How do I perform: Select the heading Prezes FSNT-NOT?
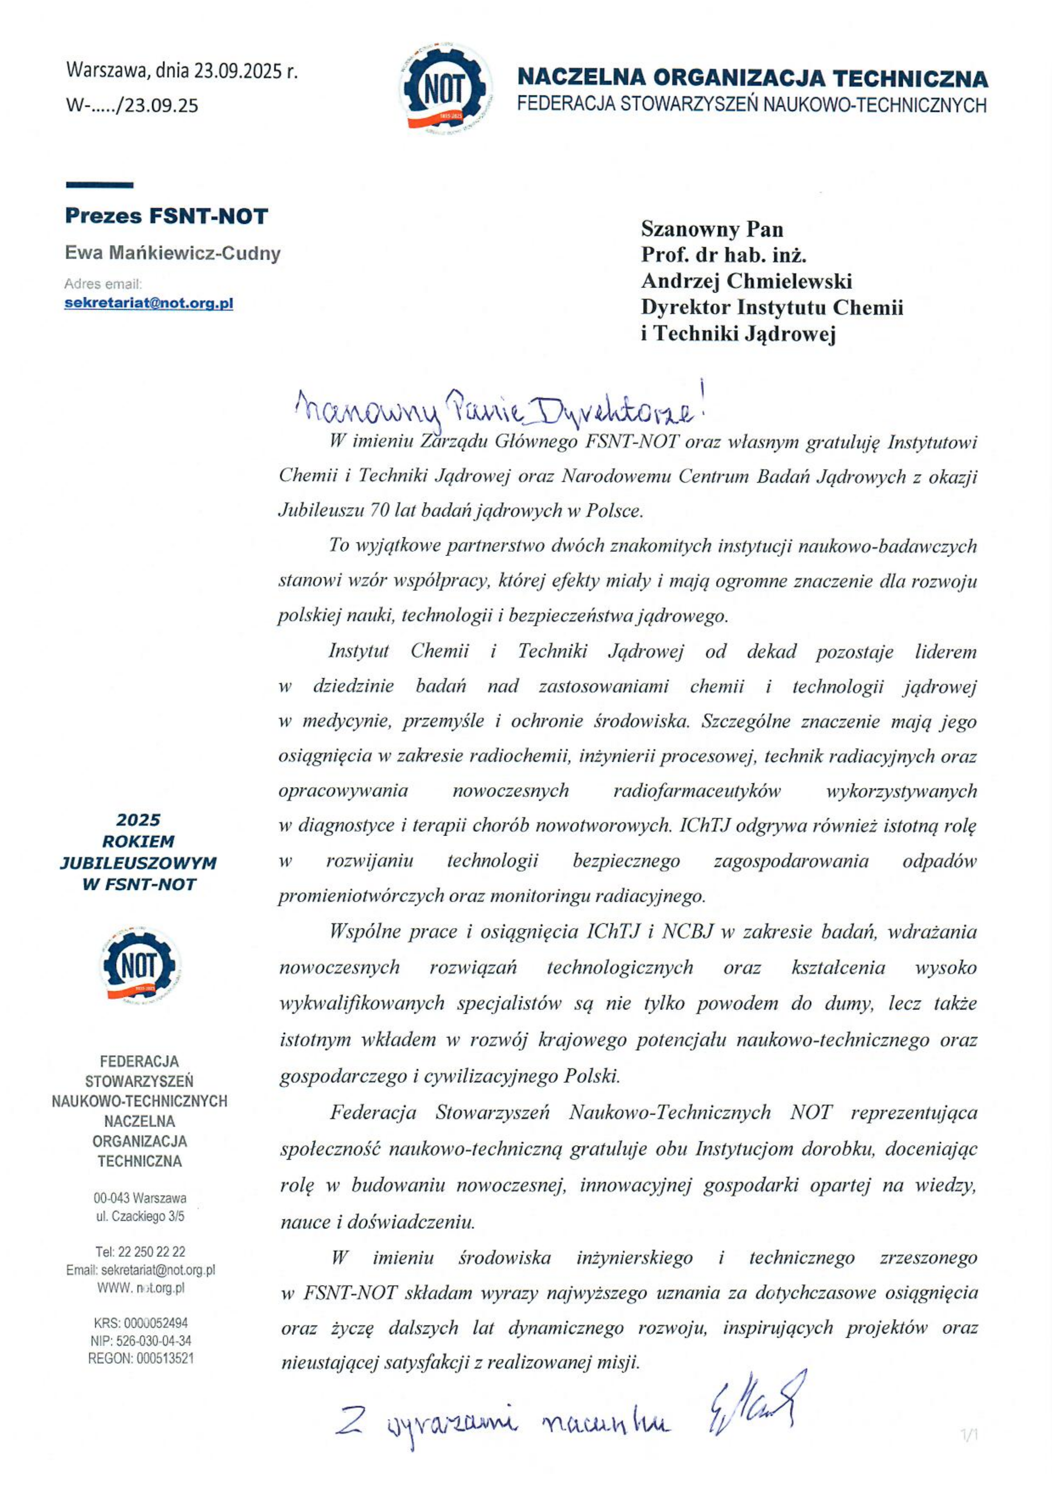[166, 216]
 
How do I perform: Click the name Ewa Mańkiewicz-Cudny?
[172, 253]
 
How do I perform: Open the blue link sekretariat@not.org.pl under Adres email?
[149, 303]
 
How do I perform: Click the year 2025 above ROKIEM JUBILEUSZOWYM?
[138, 820]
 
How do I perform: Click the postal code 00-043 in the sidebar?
[111, 1198]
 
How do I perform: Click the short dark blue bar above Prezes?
[100, 185]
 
